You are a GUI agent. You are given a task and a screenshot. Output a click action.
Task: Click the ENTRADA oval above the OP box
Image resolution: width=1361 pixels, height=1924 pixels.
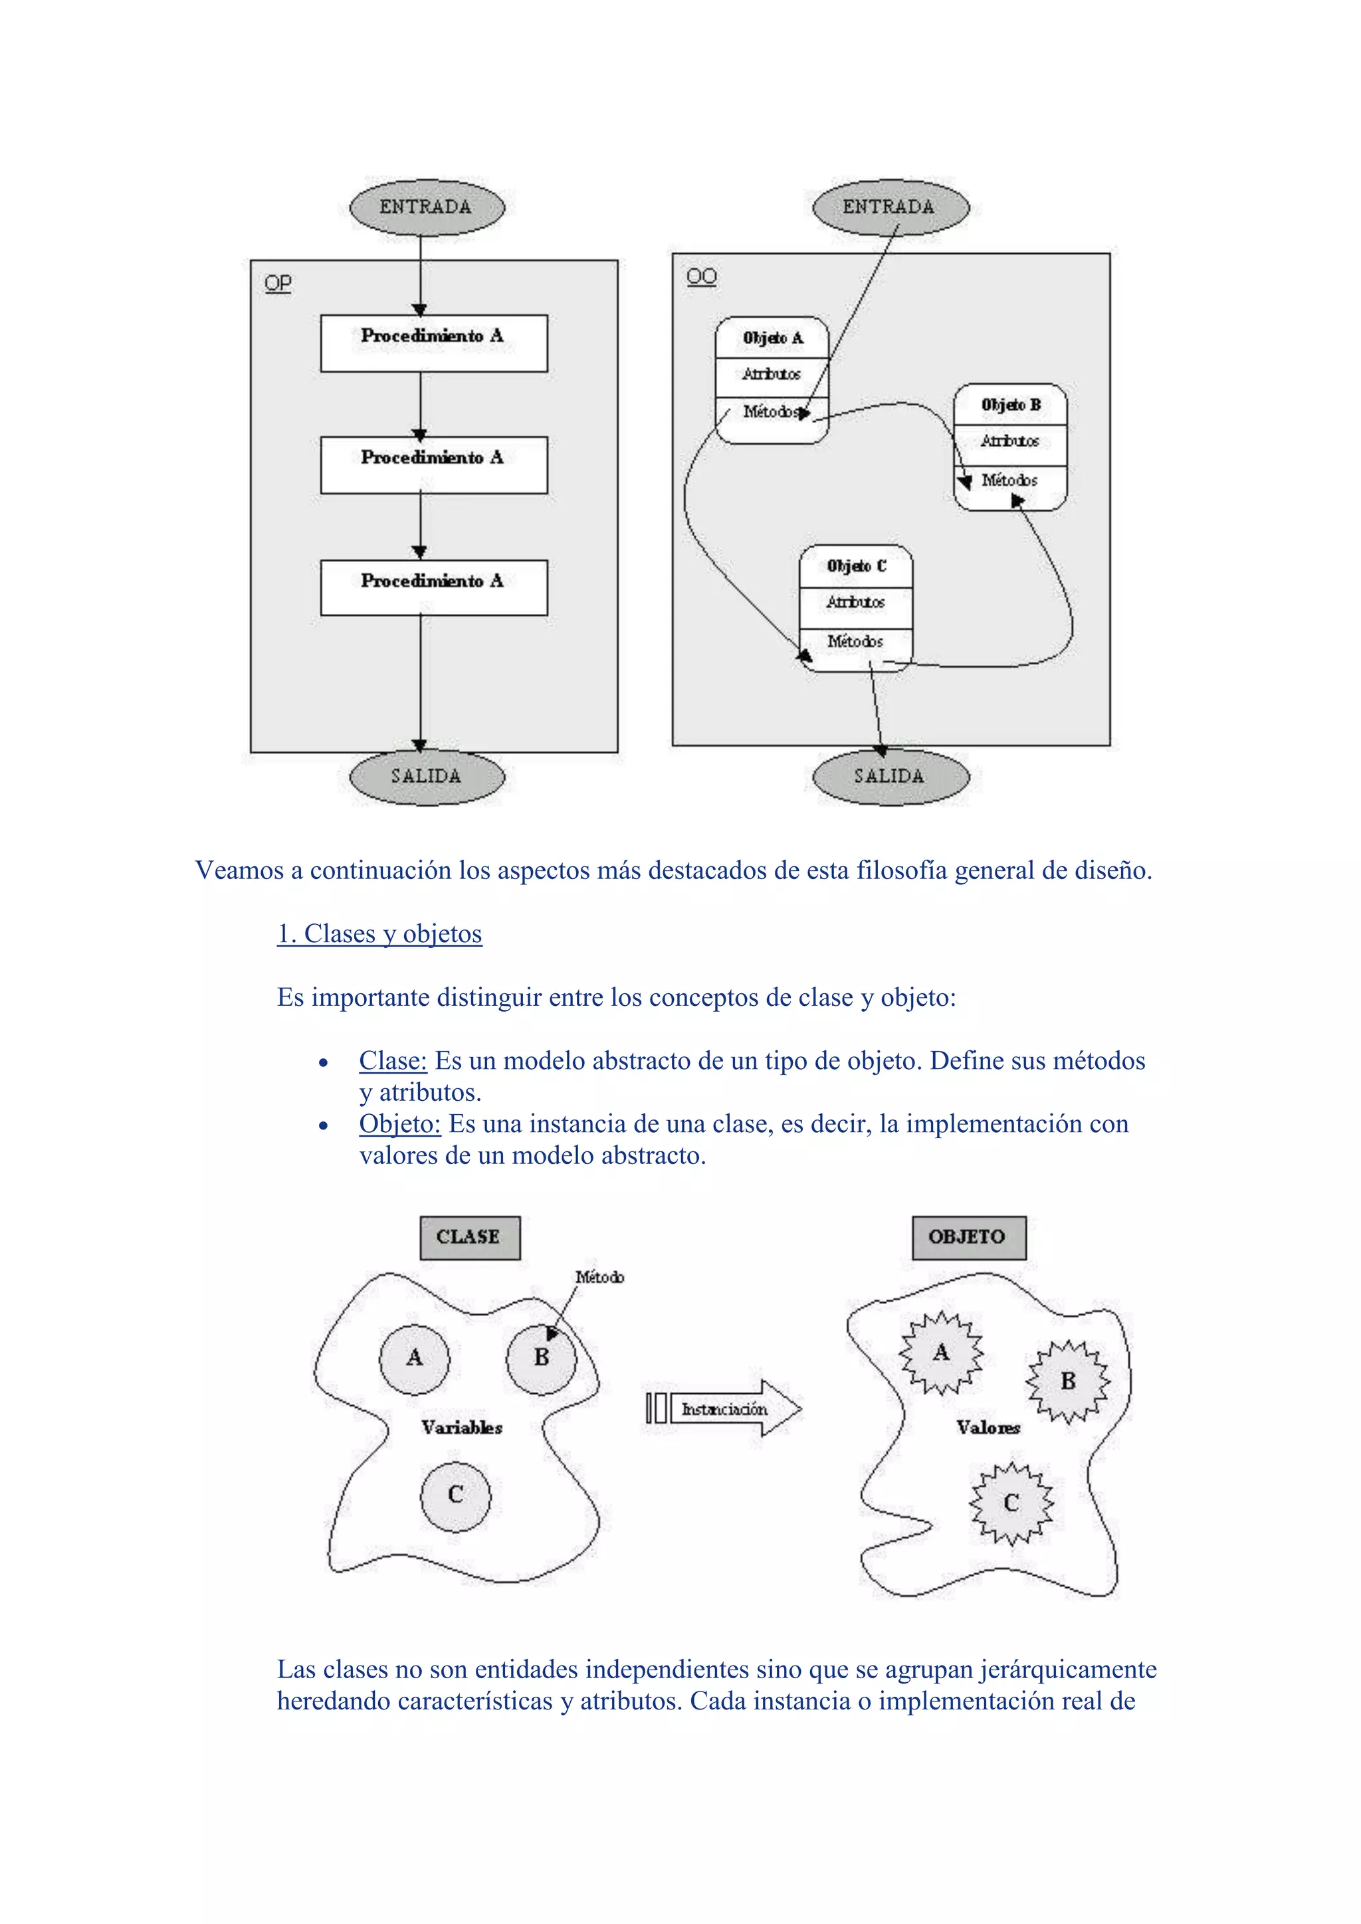pos(427,207)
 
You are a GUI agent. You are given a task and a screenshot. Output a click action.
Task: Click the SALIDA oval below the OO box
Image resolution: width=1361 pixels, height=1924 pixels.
pos(890,776)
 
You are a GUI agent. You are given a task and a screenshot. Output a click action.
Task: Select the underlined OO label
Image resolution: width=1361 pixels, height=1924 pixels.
pos(702,276)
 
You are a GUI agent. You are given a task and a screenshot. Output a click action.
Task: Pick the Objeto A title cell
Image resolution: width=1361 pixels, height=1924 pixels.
pos(772,337)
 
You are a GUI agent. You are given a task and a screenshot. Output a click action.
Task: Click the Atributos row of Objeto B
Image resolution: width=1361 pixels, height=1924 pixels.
pos(1010,440)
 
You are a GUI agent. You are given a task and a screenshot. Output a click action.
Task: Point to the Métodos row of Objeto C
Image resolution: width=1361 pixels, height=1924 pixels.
pos(856,642)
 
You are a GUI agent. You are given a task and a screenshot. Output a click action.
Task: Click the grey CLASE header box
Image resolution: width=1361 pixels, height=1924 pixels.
pos(469,1237)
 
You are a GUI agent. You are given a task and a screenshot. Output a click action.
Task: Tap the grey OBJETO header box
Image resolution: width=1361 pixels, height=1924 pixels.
pos(968,1237)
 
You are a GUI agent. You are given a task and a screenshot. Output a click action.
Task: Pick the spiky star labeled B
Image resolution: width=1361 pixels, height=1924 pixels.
pos(1068,1381)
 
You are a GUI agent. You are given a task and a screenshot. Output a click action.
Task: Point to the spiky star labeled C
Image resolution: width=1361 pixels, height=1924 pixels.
pos(1011,1503)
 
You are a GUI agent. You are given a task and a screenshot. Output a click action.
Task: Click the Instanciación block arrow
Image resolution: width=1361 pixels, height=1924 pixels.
pos(726,1408)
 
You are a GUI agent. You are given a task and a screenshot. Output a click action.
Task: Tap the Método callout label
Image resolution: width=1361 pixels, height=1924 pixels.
pos(599,1277)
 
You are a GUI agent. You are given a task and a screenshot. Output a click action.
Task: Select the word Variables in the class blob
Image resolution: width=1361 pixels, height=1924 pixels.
pos(462,1428)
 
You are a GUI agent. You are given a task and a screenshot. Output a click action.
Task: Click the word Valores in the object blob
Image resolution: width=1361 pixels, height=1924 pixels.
pos(989,1428)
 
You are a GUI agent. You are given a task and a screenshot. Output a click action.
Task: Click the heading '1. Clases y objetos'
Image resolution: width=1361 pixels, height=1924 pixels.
pos(379,933)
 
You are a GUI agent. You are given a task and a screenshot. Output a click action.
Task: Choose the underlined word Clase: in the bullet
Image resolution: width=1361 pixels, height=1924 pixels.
pos(393,1061)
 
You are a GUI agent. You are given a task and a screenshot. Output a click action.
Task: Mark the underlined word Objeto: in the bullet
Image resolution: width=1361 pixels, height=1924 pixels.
pos(400,1123)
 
